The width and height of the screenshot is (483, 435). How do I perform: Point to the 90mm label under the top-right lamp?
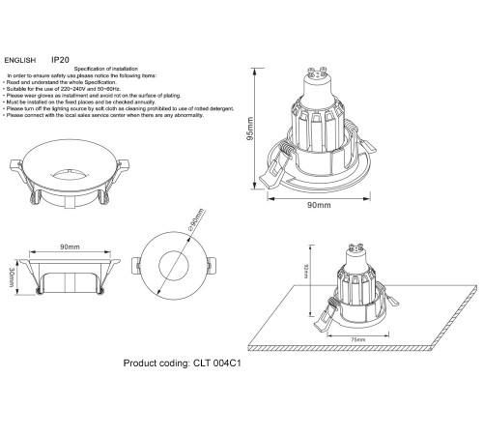click(319, 205)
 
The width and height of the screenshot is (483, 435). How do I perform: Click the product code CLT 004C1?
click(204, 366)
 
